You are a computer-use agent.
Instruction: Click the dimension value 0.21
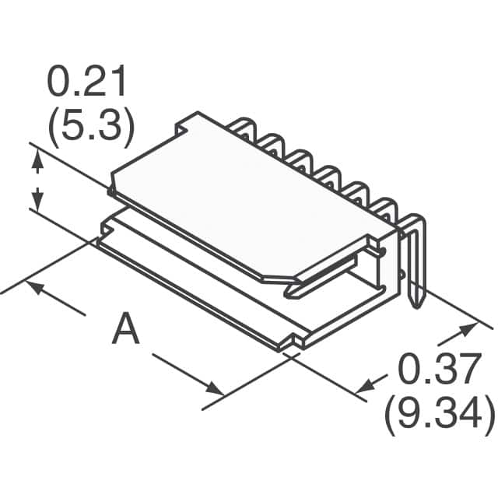tap(86, 83)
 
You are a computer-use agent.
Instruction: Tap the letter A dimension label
tap(125, 329)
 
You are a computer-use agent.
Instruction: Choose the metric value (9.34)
tap(438, 416)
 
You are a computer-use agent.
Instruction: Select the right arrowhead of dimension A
tap(216, 389)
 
